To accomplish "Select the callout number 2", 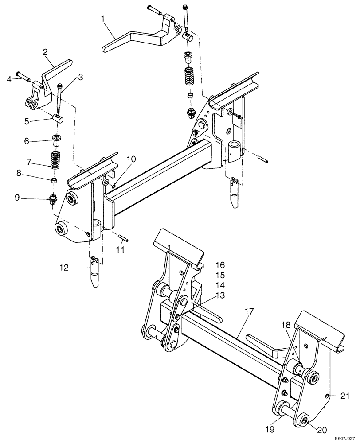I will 45,52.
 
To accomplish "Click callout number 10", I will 132,159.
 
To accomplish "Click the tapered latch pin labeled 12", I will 94,275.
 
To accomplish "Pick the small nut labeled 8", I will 54,180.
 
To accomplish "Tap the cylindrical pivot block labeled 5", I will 56,118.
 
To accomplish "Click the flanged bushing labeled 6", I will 56,140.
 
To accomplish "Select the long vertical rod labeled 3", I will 59,97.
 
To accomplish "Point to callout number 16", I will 220,265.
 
